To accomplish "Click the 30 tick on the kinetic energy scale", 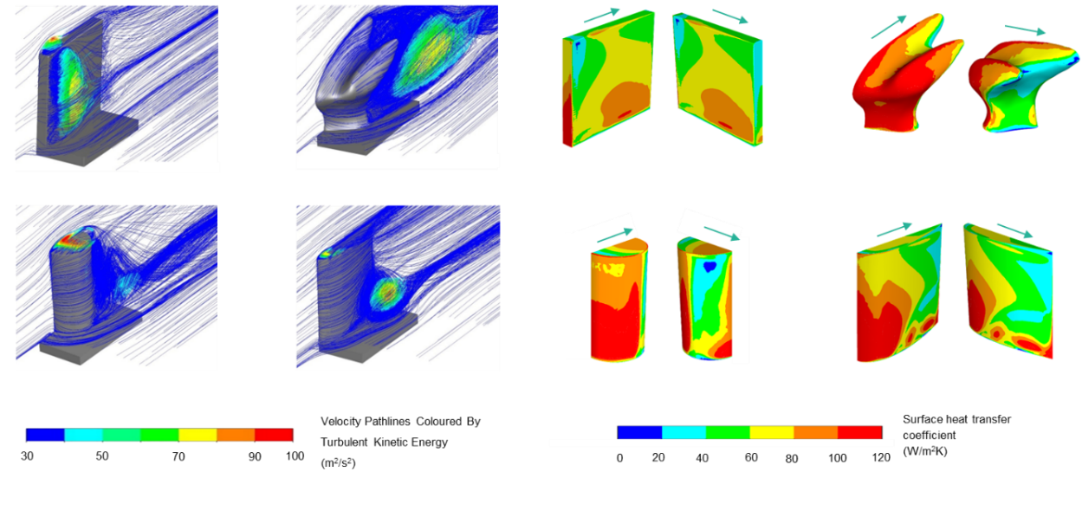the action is click(x=27, y=456).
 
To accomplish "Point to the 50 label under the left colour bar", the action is click(x=102, y=456).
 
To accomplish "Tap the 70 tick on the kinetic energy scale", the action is click(x=178, y=456).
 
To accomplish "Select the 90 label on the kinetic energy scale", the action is click(x=255, y=456).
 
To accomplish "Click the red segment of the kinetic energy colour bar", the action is click(x=274, y=435).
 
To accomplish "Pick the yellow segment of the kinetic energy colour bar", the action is click(x=198, y=435).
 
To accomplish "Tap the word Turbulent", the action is click(x=344, y=443).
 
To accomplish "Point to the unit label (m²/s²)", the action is click(x=338, y=463).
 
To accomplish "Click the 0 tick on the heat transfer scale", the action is click(x=619, y=457).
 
